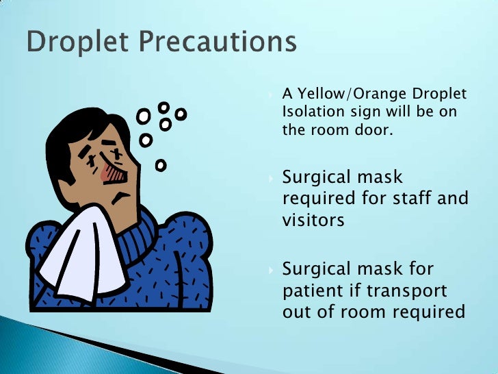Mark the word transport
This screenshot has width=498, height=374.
(407, 290)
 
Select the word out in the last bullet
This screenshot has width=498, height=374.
(298, 312)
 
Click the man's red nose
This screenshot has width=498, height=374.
(112, 174)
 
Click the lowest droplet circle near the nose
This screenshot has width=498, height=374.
(161, 165)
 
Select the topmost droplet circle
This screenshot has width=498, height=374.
(163, 108)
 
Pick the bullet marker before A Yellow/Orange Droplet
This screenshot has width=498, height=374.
(272, 95)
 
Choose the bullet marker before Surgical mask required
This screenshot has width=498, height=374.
(272, 178)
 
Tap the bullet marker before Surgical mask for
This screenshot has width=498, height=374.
(272, 269)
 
